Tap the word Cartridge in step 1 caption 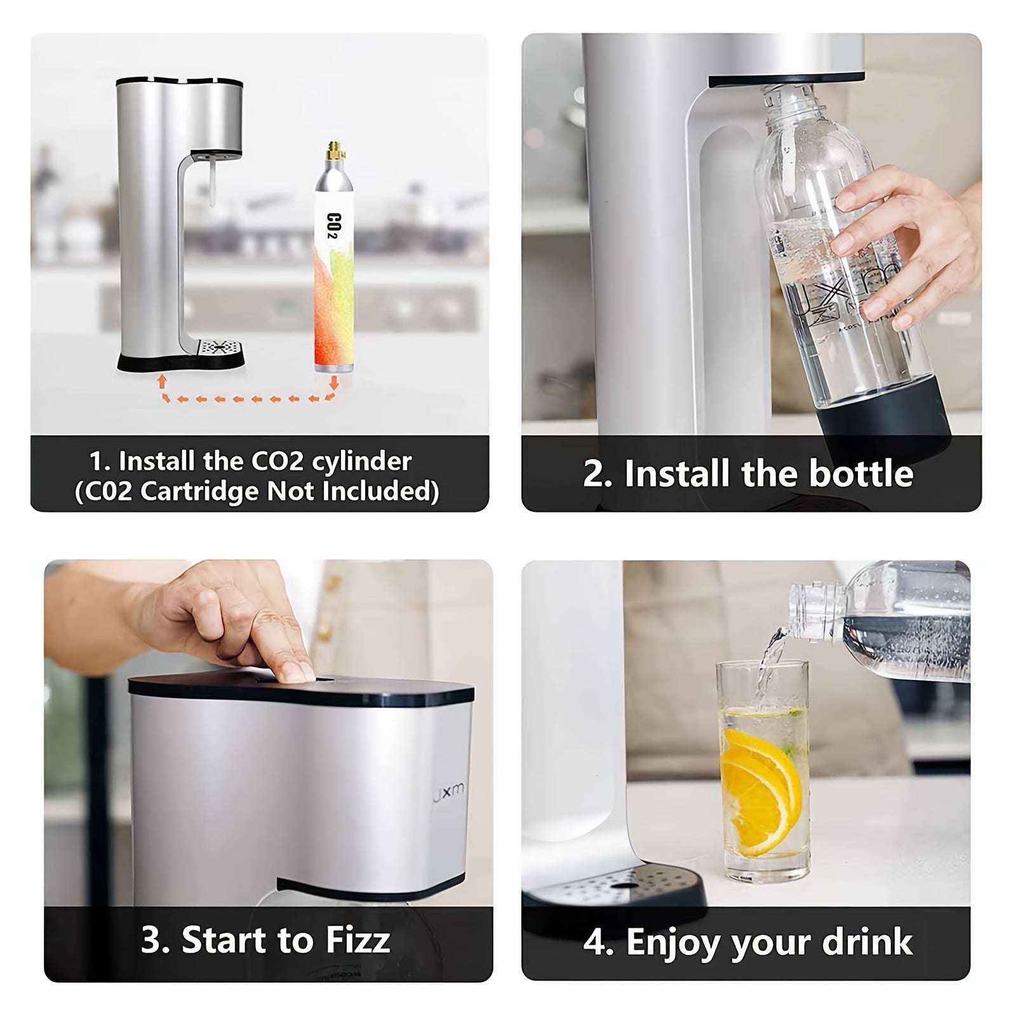pos(196,491)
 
